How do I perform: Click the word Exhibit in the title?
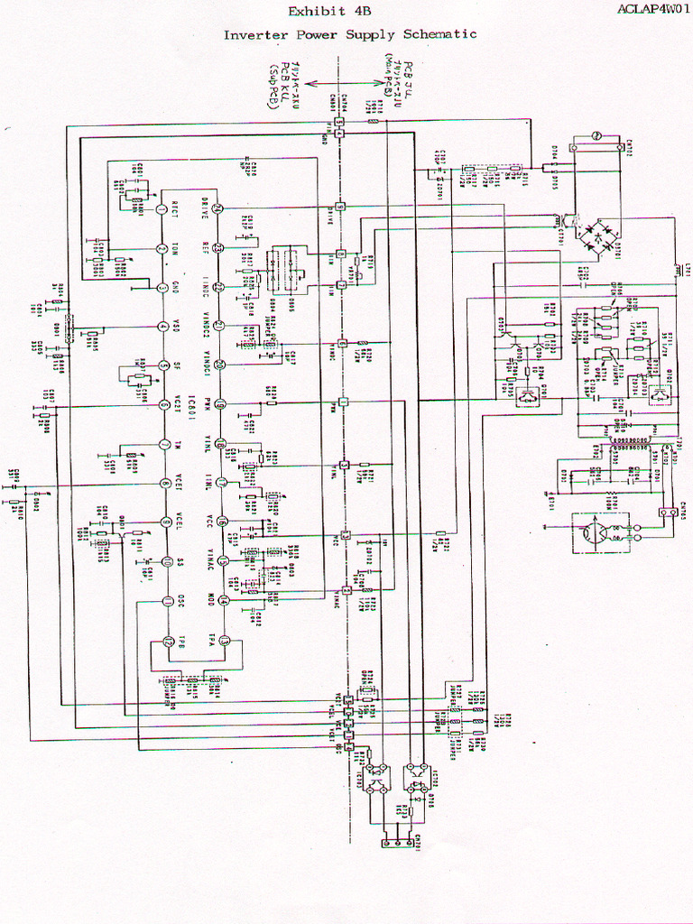click(x=309, y=12)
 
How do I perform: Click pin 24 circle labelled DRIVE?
click(x=219, y=209)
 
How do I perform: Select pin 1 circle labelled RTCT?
click(x=162, y=209)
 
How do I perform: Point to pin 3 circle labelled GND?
click(x=162, y=288)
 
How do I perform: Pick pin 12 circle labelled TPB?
click(x=168, y=642)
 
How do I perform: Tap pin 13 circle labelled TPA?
click(x=224, y=642)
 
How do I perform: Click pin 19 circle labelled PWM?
click(x=219, y=404)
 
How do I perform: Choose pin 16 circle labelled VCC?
click(x=222, y=522)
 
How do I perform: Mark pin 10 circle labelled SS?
click(x=166, y=562)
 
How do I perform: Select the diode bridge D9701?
click(x=597, y=236)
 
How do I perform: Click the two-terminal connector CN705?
click(x=670, y=512)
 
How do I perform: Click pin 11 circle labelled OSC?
click(x=166, y=602)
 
